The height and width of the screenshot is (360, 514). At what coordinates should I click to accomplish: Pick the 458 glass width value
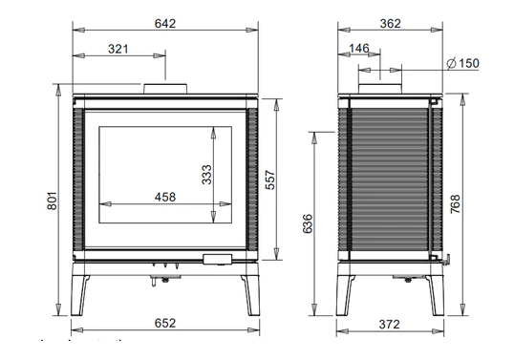pyautogui.click(x=164, y=197)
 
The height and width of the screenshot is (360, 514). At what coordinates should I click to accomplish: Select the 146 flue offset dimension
pyautogui.click(x=359, y=49)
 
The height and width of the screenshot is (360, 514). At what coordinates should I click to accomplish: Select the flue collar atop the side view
pyautogui.click(x=380, y=87)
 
